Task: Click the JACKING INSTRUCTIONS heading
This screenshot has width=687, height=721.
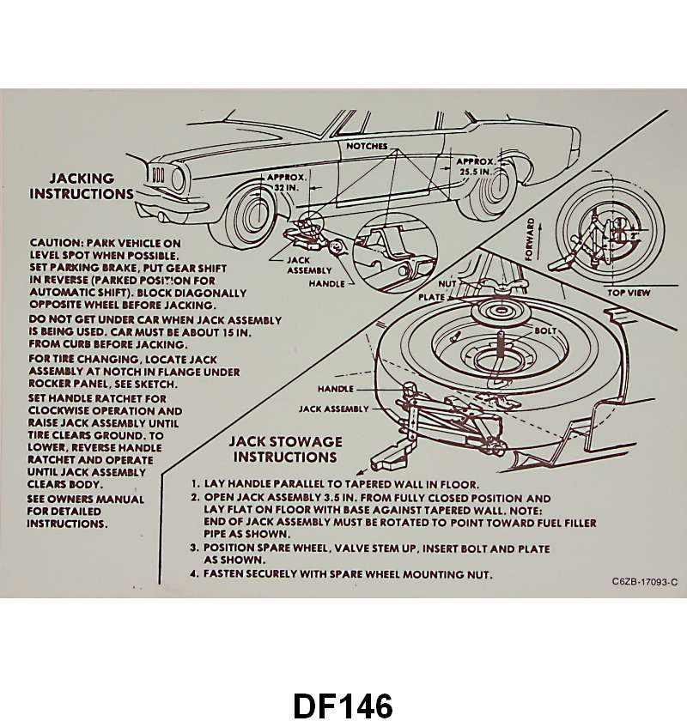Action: pyautogui.click(x=82, y=185)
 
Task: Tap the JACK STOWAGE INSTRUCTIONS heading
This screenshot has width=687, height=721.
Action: pyautogui.click(x=285, y=449)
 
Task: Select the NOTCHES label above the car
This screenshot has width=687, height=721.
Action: pyautogui.click(x=367, y=146)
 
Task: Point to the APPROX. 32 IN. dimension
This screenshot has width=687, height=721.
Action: pyautogui.click(x=274, y=181)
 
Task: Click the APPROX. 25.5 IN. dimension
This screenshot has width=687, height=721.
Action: pyautogui.click(x=474, y=166)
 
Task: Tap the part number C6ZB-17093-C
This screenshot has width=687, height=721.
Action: pyautogui.click(x=644, y=582)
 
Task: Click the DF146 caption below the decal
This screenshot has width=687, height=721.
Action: pyautogui.click(x=343, y=704)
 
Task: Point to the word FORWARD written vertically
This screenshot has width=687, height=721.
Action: pyautogui.click(x=530, y=239)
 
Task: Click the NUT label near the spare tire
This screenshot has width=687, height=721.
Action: pyautogui.click(x=447, y=283)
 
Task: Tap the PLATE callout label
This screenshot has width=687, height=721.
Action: pyautogui.click(x=432, y=297)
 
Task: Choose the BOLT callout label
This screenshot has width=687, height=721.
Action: pyautogui.click(x=544, y=330)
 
